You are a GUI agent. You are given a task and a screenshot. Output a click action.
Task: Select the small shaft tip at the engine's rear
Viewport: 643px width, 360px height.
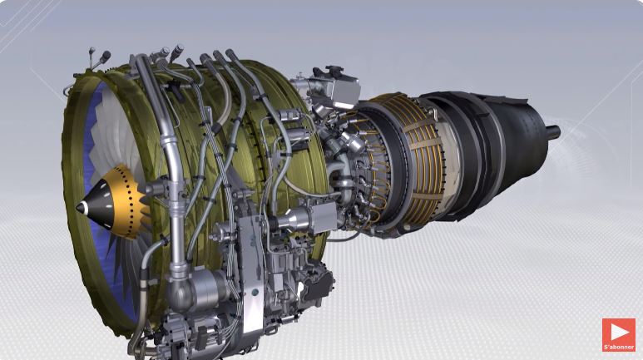coord(552,131)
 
